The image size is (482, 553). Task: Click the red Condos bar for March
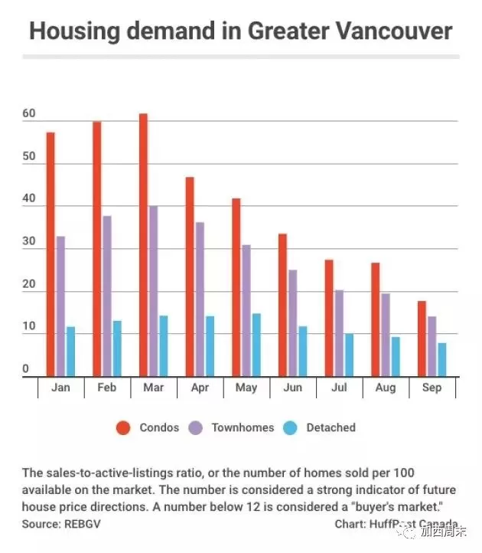(x=143, y=245)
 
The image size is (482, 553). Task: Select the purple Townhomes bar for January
(x=60, y=306)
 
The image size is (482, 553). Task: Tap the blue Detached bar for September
(x=442, y=360)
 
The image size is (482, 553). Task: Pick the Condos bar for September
(x=422, y=339)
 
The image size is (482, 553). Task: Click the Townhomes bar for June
(x=293, y=323)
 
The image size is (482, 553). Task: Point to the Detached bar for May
(x=256, y=345)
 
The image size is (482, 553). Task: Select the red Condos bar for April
(x=190, y=276)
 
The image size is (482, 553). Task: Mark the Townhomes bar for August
(x=386, y=335)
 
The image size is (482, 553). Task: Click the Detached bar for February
(x=117, y=348)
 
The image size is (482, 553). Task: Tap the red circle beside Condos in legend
(x=123, y=428)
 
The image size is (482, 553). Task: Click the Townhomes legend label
(x=243, y=427)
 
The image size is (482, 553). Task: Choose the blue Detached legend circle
(x=290, y=428)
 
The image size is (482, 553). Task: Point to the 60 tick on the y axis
(x=29, y=113)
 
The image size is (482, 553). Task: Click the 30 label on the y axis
(x=29, y=241)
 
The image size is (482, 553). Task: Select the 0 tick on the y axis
(x=25, y=368)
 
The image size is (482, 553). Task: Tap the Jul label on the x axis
(x=339, y=388)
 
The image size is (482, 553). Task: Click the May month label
(x=246, y=388)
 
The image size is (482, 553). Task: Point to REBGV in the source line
(x=83, y=524)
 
